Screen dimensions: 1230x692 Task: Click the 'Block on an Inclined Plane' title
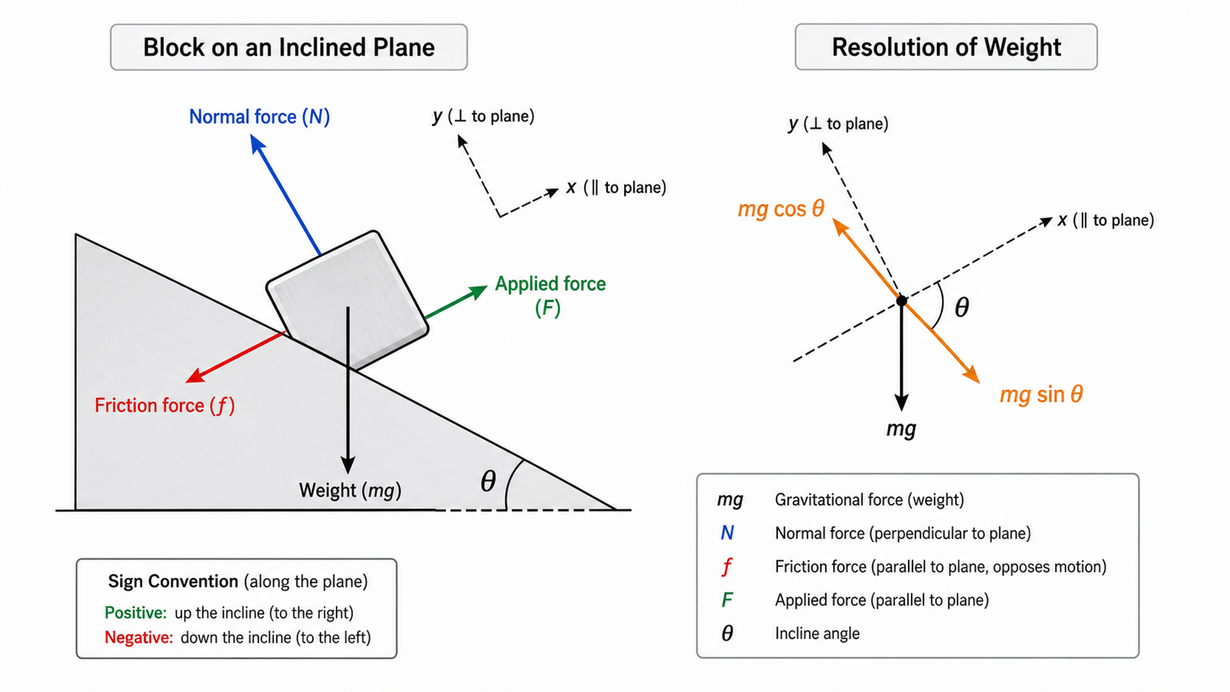[289, 47]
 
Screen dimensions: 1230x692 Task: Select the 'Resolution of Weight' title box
[946, 47]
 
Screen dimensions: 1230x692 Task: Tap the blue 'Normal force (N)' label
[259, 117]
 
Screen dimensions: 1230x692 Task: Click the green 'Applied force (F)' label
[550, 296]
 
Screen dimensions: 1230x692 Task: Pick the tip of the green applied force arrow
[487, 287]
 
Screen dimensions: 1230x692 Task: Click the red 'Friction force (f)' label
[165, 405]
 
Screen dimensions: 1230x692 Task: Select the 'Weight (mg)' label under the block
[350, 490]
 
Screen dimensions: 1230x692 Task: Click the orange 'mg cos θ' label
[781, 209]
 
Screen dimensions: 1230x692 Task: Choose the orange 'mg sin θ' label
[1041, 395]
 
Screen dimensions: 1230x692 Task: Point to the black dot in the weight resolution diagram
[901, 300]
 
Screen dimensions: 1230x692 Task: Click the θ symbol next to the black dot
[962, 308]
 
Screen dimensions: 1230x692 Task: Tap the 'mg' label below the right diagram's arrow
[901, 429]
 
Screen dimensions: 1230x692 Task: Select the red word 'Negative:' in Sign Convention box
[139, 637]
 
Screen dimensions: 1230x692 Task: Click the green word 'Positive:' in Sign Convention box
[136, 613]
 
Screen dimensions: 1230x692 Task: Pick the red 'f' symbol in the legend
[727, 566]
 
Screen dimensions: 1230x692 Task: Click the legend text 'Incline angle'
[817, 634]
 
